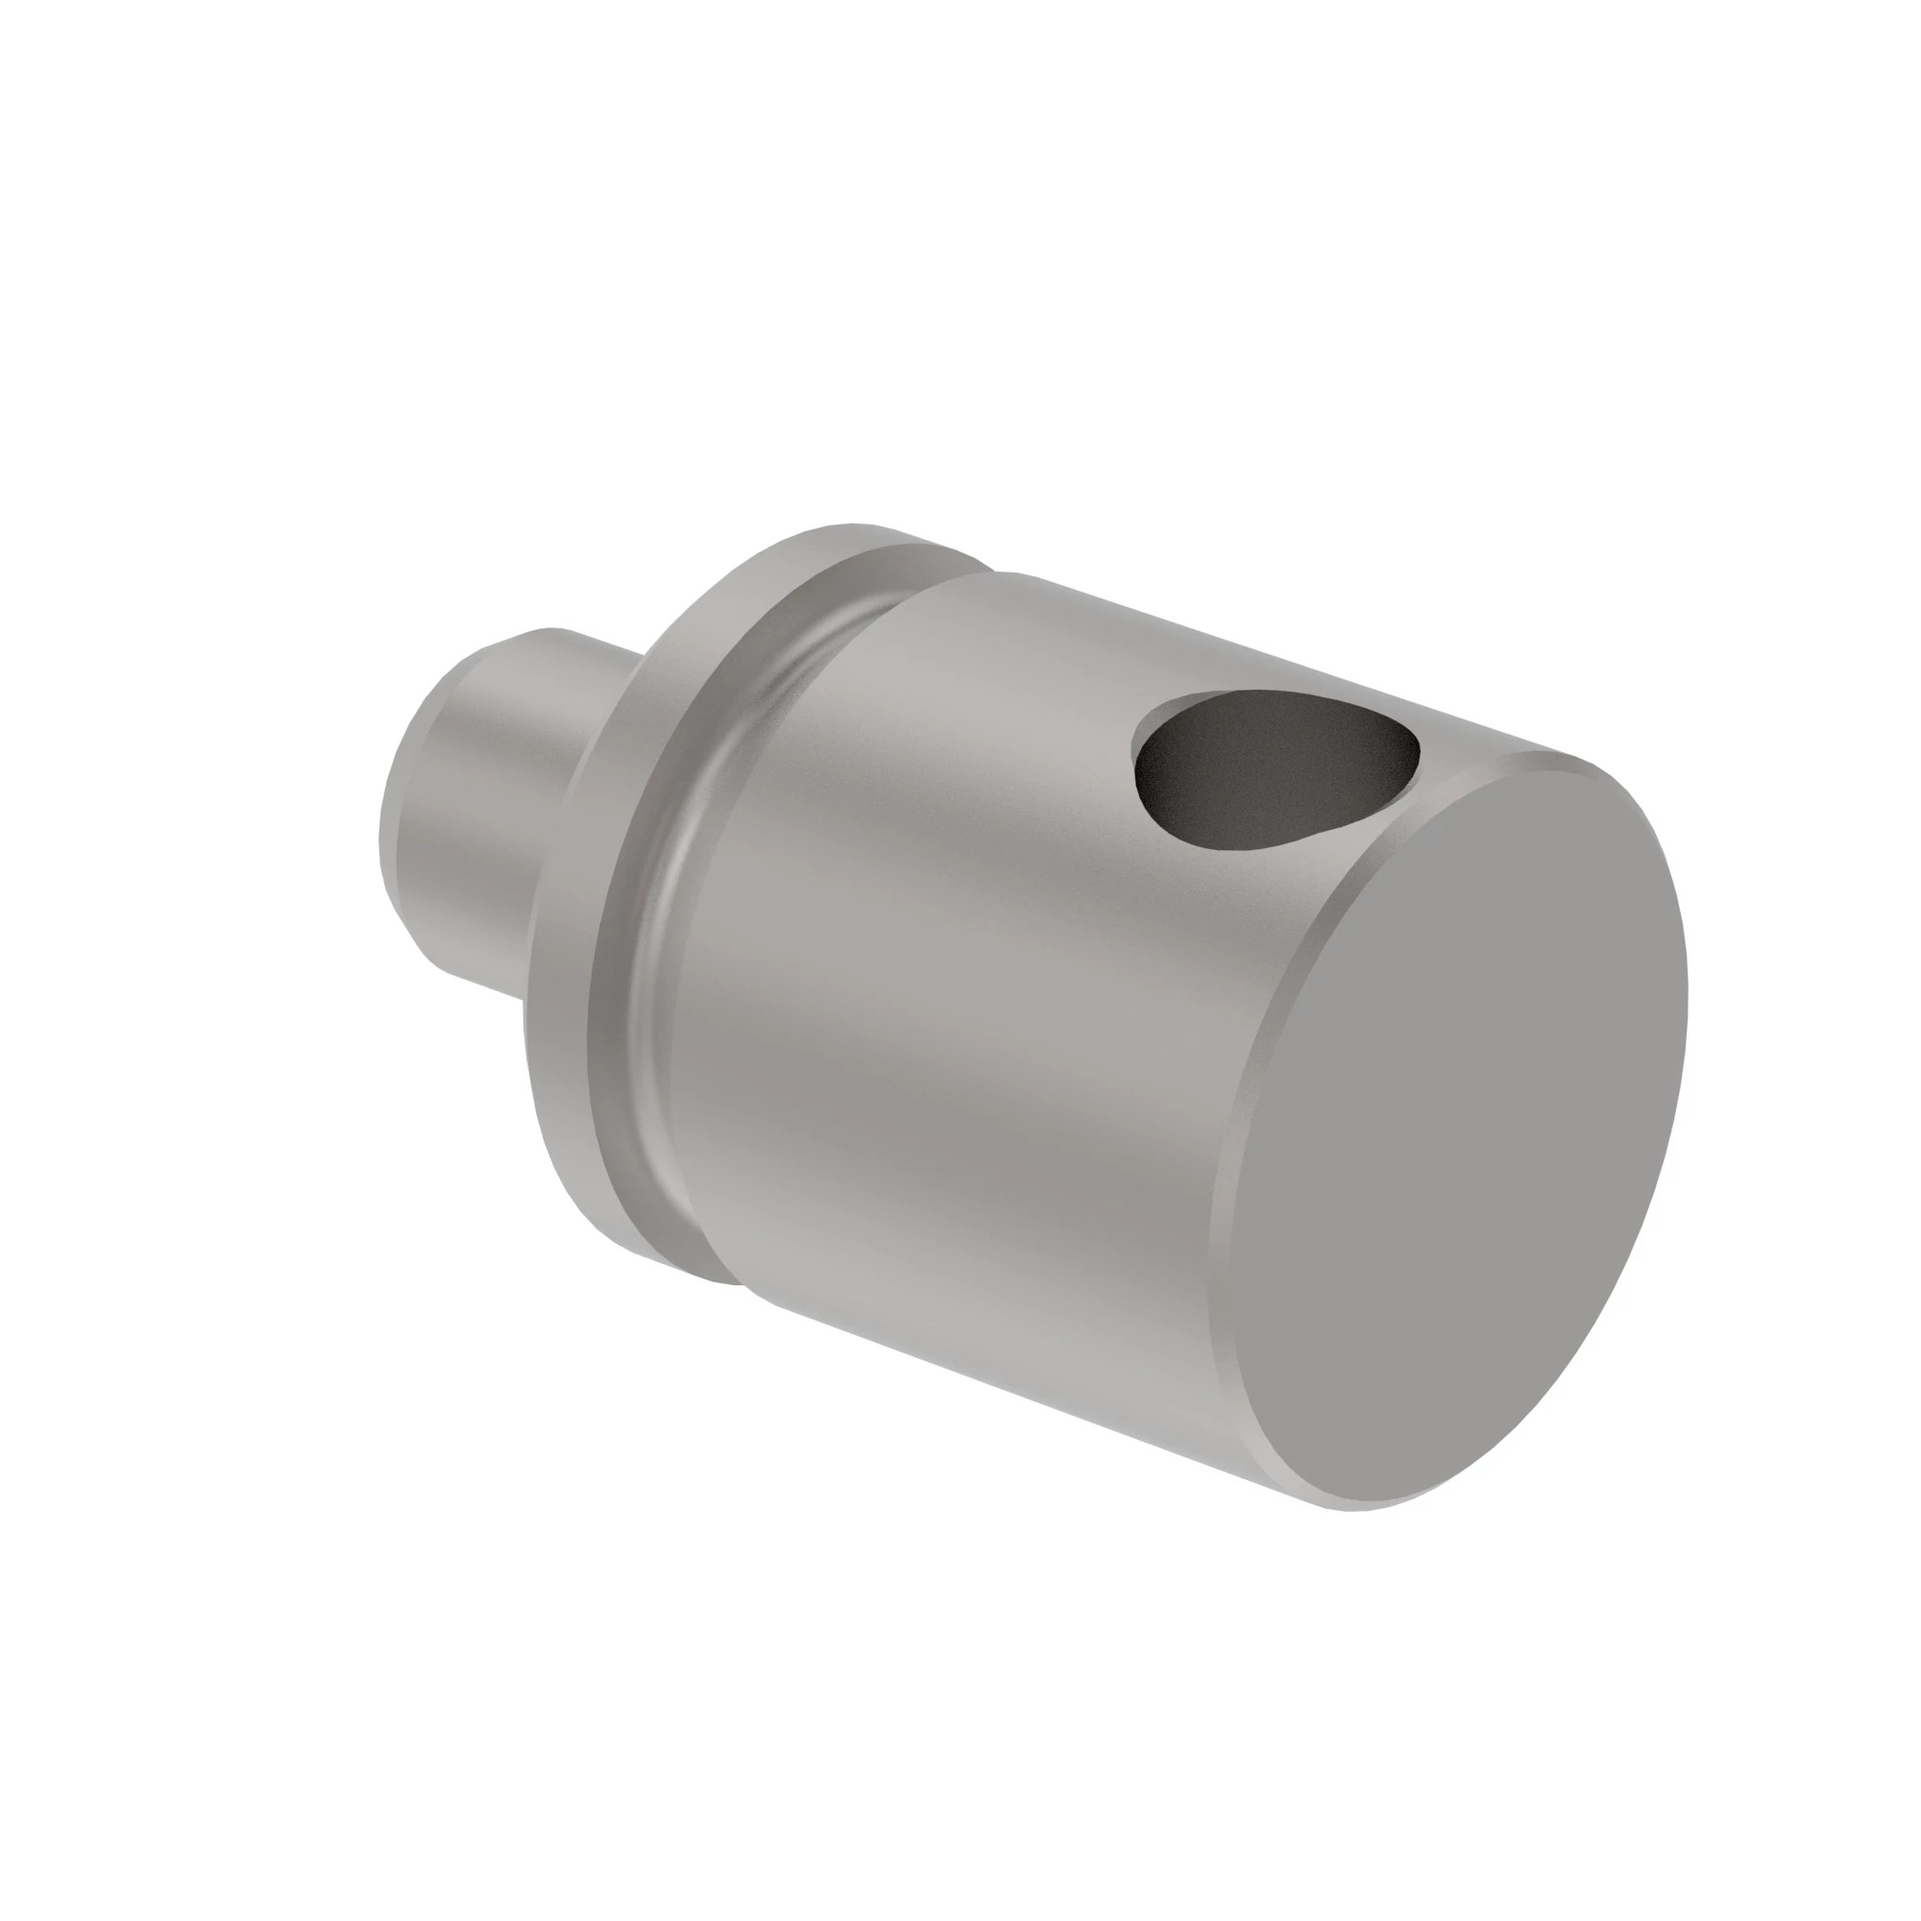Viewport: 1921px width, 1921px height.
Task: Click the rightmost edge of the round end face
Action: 1687,994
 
